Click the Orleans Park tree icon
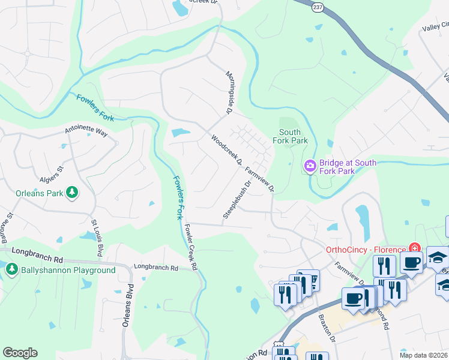click(72, 192)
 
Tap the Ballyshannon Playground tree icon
click(12, 270)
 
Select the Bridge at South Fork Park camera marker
click(310, 165)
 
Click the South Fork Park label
click(294, 136)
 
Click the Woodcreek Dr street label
click(226, 149)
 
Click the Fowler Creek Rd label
click(191, 246)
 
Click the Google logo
click(20, 353)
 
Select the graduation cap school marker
click(438, 257)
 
